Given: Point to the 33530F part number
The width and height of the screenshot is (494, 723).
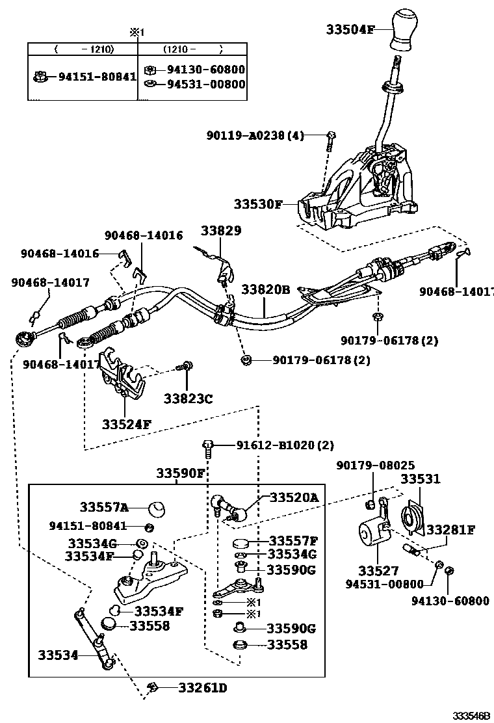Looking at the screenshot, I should point(259,204).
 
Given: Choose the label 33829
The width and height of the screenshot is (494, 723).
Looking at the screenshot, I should point(220,231).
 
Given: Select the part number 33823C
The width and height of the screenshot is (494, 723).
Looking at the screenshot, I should point(188,399).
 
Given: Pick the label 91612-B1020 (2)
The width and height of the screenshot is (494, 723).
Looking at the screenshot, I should point(285,445).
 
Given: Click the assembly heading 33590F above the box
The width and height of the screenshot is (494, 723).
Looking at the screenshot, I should point(180,473).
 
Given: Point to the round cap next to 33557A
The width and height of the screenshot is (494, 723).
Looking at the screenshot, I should point(157,508).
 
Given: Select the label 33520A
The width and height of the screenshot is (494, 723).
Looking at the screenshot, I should point(294,497).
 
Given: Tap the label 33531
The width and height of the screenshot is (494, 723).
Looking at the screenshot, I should point(420,479).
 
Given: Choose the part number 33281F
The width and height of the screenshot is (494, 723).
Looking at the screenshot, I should point(450,530).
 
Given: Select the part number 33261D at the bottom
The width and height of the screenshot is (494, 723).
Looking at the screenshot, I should point(203,687).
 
